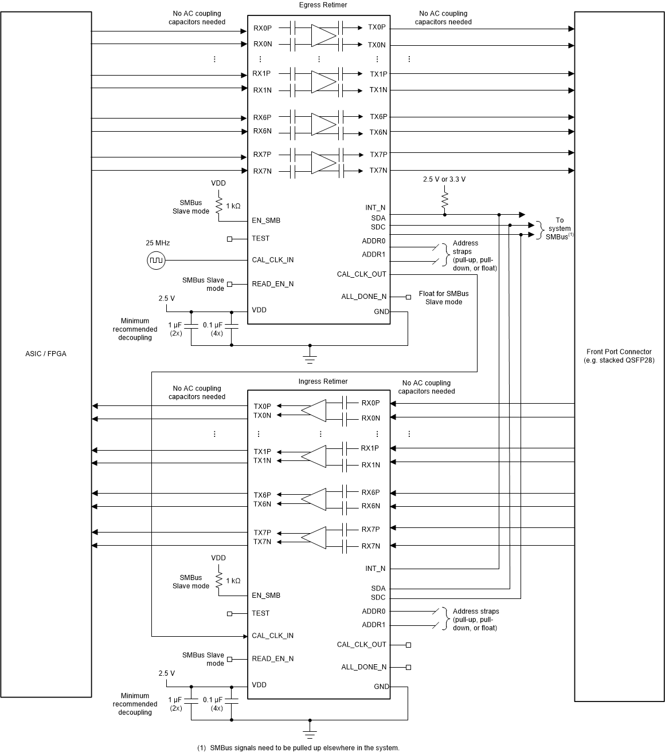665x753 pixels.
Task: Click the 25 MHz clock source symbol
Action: [155, 261]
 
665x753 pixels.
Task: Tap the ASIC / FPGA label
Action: [46, 354]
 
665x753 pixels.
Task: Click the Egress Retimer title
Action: [323, 5]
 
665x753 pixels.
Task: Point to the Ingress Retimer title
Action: [323, 381]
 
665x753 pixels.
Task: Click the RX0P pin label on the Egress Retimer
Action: [263, 27]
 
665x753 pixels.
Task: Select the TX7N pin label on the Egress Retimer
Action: [378, 171]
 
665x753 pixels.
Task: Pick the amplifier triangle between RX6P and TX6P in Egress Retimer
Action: [323, 124]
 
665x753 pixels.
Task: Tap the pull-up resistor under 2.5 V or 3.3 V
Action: [445, 200]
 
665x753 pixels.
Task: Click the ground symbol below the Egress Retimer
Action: [310, 358]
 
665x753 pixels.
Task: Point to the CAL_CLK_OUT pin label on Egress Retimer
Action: [362, 274]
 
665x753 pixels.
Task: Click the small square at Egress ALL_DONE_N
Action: [408, 297]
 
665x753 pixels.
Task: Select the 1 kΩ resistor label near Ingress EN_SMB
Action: [233, 581]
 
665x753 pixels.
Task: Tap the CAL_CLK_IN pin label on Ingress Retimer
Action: [272, 636]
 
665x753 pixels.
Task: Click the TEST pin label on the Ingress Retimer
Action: [260, 613]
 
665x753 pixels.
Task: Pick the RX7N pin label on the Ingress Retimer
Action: [371, 546]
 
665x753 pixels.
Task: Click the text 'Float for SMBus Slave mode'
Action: [443, 298]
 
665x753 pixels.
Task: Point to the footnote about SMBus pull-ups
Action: [298, 748]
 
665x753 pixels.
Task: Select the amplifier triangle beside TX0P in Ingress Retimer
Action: [313, 410]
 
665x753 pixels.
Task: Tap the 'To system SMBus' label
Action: [559, 228]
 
